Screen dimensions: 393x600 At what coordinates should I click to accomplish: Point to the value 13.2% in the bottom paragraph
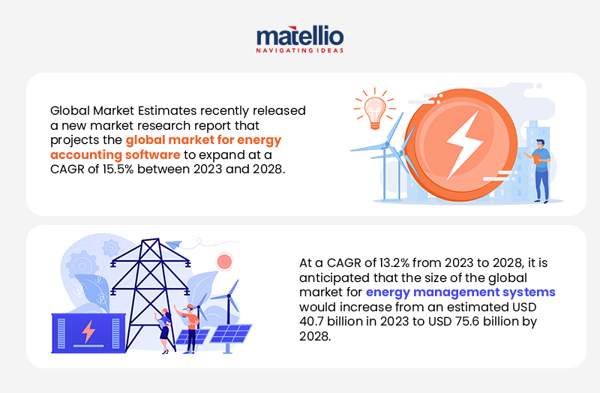pyautogui.click(x=377, y=263)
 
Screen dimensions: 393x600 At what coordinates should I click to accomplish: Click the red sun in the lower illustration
pyautogui.click(x=223, y=262)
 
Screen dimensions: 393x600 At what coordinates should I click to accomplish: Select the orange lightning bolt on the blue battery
pyautogui.click(x=88, y=331)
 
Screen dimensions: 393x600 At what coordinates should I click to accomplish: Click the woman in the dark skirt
pyautogui.click(x=163, y=331)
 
